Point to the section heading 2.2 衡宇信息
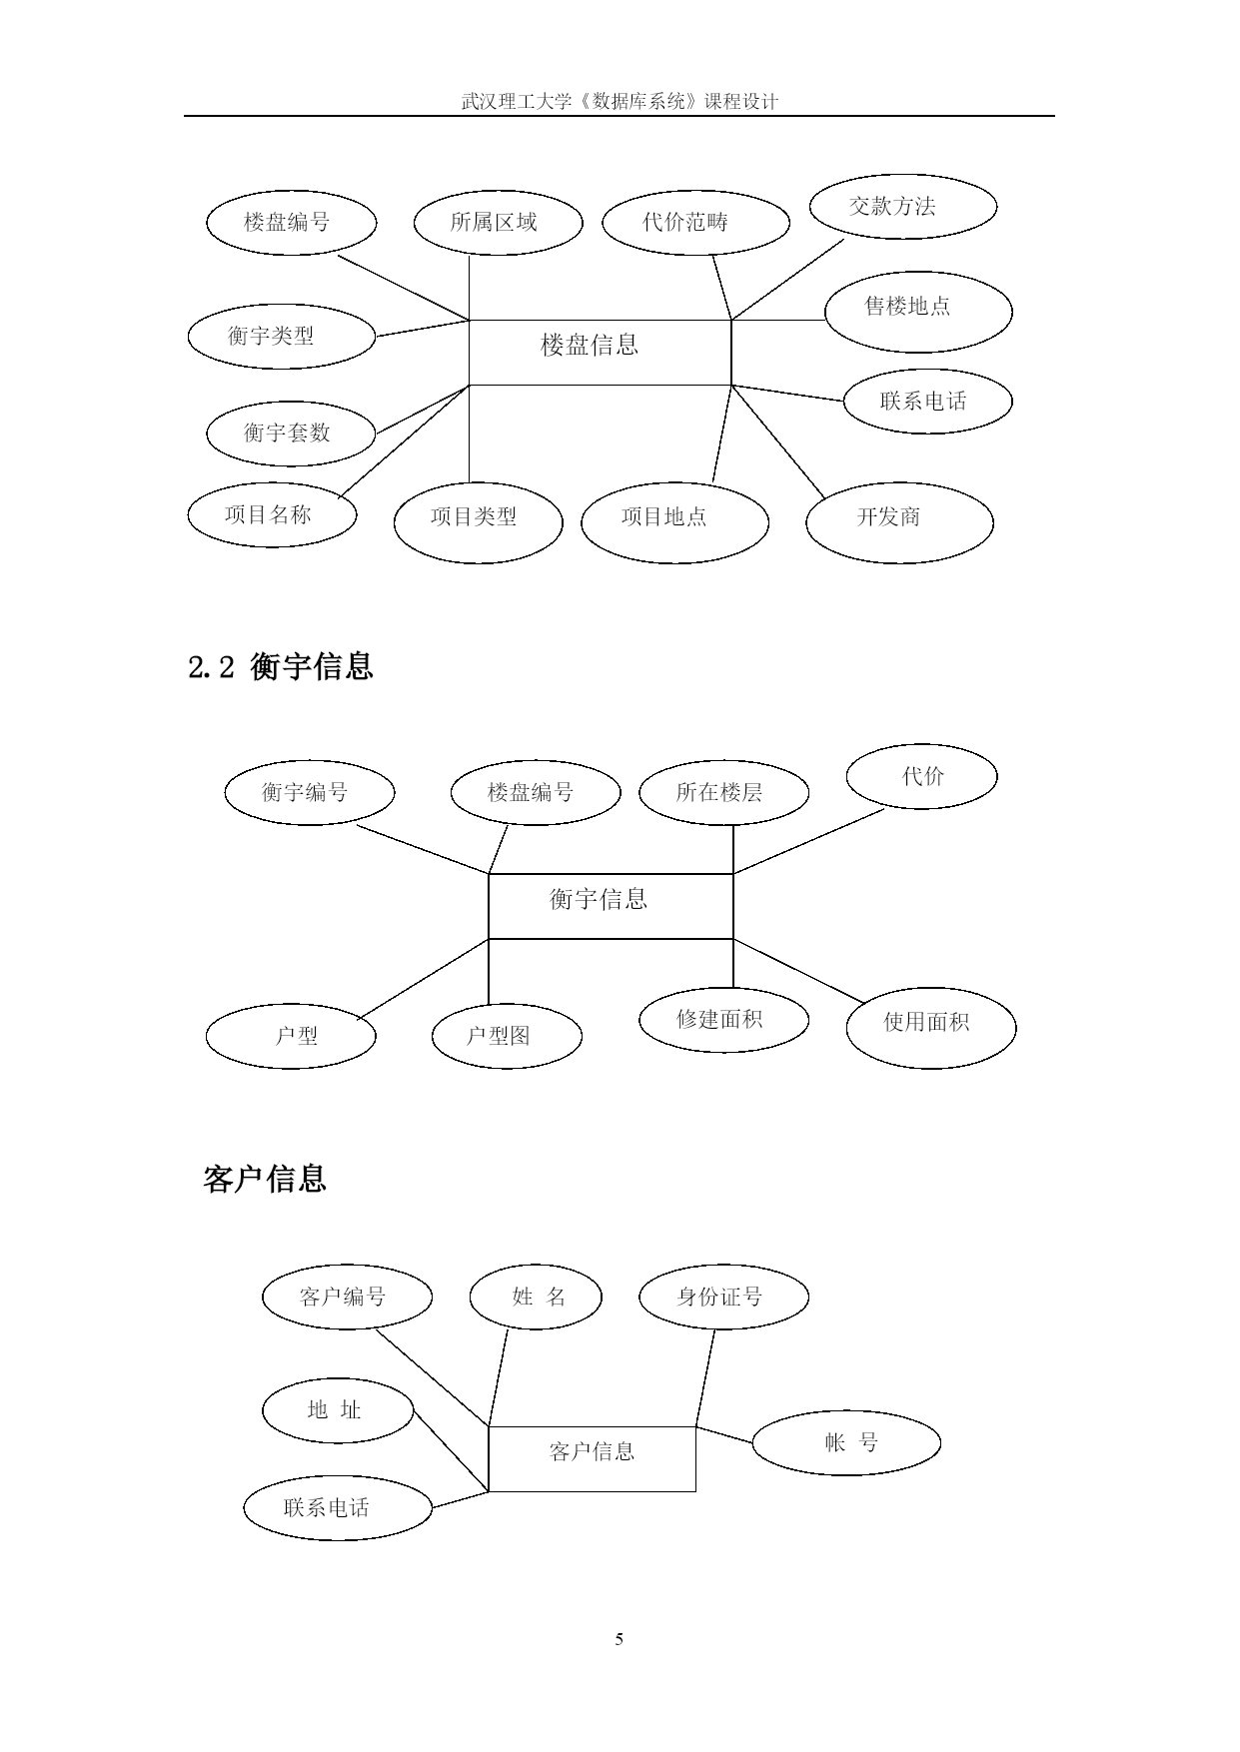[281, 666]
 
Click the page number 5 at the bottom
[620, 1639]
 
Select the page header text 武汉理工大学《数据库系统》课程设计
[620, 101]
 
